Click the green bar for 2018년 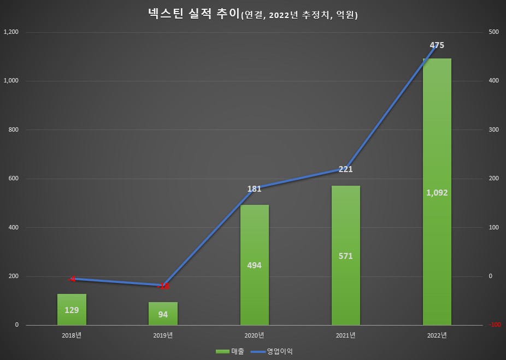[x=72, y=309]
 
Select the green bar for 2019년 [x=163, y=314]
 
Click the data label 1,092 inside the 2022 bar [x=437, y=193]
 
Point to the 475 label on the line [x=437, y=45]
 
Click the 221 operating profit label [x=345, y=169]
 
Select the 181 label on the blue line [x=254, y=190]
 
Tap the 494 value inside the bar [x=254, y=265]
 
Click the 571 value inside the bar [x=345, y=256]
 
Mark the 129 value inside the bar [x=72, y=310]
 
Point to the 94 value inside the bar [x=163, y=315]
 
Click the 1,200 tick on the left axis [x=11, y=32]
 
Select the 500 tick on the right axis [x=493, y=32]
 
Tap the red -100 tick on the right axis [x=495, y=325]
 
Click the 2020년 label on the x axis [x=254, y=335]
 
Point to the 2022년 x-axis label [x=437, y=335]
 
